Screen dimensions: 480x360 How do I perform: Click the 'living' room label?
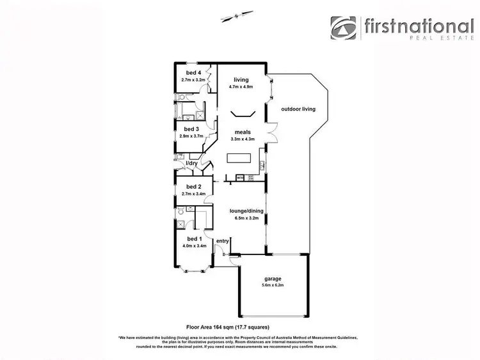coord(241,79)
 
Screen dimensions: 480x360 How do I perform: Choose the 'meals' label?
coord(242,132)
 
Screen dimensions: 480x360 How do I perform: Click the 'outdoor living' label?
coord(299,109)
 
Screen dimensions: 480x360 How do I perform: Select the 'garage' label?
coord(273,278)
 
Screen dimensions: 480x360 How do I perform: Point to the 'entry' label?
coord(223,240)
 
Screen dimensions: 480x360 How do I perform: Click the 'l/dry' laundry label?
coord(191,164)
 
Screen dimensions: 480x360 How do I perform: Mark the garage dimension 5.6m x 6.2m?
coord(273,285)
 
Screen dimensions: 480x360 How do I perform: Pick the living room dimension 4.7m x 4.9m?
coord(241,86)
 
